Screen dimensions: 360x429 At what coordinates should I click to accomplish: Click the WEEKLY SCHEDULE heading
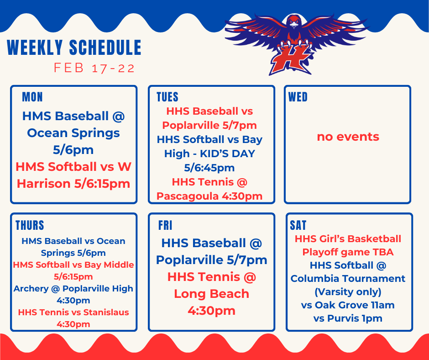[x=74, y=48]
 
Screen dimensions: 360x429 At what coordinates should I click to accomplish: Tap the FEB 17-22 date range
[x=94, y=69]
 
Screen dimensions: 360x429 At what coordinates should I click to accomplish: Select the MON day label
[x=32, y=97]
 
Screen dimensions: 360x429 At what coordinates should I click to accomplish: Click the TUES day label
[x=167, y=97]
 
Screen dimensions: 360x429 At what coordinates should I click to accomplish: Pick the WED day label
[x=298, y=97]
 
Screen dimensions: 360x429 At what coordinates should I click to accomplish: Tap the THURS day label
[x=30, y=225]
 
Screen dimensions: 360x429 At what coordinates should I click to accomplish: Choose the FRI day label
[x=165, y=225]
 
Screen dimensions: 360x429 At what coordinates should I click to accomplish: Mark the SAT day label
[x=298, y=225]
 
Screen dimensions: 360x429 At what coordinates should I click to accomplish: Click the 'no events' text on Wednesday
[x=348, y=137]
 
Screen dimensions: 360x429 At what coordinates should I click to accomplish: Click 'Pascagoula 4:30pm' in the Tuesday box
[x=209, y=196]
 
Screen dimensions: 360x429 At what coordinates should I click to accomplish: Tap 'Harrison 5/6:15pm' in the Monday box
[x=73, y=184]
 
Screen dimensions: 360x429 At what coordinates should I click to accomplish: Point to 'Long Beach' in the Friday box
[x=211, y=294]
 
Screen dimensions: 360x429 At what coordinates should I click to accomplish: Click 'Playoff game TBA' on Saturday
[x=348, y=252]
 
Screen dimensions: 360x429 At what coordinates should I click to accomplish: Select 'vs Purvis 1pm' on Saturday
[x=348, y=318]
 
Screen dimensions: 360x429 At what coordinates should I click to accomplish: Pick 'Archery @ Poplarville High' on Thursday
[x=73, y=289]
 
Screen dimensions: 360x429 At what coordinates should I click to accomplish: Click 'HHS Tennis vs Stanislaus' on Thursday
[x=73, y=312]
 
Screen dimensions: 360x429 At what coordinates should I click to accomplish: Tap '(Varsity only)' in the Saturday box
[x=348, y=291]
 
